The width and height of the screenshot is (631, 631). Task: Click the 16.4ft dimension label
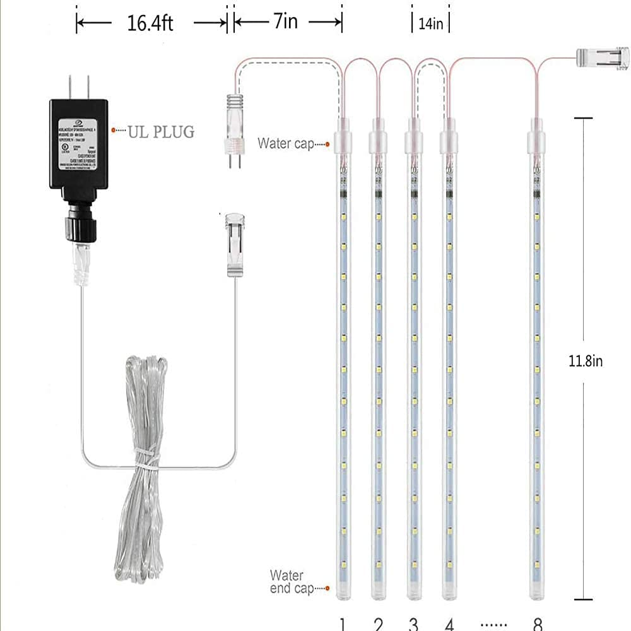click(150, 23)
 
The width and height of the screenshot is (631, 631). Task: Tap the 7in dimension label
click(285, 22)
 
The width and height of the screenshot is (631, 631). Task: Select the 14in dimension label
click(430, 23)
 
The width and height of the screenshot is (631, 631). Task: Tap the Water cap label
click(285, 143)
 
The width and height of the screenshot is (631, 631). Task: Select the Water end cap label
click(290, 581)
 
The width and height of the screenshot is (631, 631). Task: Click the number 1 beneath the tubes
click(341, 623)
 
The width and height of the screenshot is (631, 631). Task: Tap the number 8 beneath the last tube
click(537, 623)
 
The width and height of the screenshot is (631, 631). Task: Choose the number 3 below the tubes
click(413, 623)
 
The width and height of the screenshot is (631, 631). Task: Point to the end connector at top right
click(604, 59)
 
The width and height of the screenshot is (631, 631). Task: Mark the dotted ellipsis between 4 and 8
click(493, 624)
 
